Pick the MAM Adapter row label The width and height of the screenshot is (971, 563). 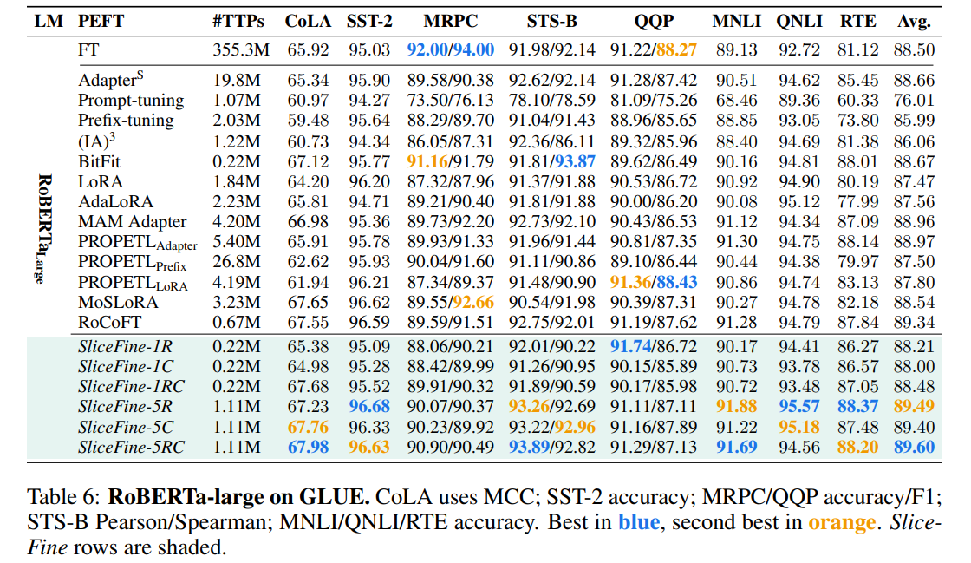[132, 222]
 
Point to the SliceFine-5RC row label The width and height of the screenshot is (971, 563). [130, 448]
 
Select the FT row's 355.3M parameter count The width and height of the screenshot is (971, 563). [238, 50]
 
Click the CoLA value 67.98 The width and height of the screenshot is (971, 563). [309, 448]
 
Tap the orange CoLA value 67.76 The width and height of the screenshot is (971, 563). [309, 428]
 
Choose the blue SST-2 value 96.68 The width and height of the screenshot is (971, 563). [368, 407]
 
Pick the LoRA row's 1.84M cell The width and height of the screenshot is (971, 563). [238, 182]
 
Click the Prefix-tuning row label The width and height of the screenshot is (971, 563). [126, 121]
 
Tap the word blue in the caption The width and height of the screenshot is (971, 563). [637, 522]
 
